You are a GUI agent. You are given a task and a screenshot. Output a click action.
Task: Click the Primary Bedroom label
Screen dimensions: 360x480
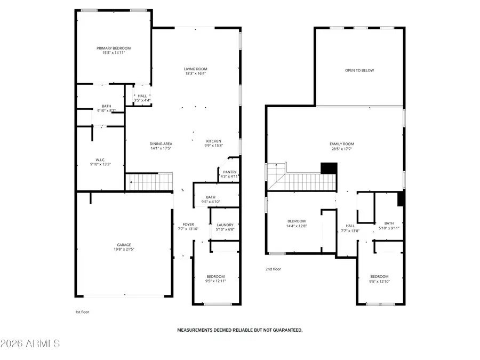(113, 48)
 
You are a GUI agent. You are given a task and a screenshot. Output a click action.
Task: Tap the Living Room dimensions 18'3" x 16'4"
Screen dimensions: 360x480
(195, 74)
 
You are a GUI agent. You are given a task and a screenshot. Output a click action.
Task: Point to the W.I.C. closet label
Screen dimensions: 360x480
(100, 159)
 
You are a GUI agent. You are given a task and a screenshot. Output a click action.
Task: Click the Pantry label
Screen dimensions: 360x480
(230, 172)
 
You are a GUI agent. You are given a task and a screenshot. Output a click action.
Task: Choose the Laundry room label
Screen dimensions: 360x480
(225, 225)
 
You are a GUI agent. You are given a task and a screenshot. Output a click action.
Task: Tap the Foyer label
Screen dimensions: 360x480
(188, 225)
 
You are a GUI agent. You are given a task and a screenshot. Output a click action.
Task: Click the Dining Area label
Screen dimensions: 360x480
(161, 143)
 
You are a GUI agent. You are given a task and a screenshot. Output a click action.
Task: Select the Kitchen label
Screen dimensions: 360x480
(214, 141)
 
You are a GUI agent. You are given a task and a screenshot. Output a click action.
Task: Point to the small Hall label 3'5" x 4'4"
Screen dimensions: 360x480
(142, 96)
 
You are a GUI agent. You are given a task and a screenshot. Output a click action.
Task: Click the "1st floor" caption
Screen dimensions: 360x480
(82, 312)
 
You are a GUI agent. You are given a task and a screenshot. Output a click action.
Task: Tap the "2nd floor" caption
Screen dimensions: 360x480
(273, 269)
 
